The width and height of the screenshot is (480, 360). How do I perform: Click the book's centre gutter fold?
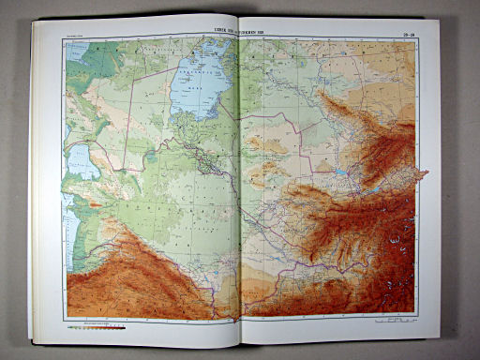point(239,187)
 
